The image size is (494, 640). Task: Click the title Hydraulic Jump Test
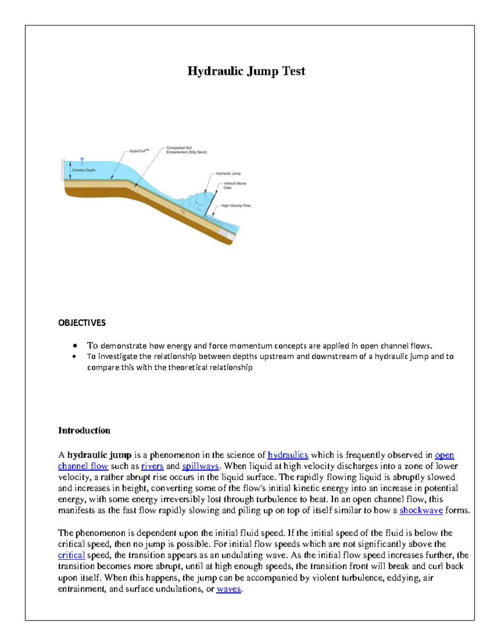tap(246, 71)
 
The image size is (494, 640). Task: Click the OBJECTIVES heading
tap(82, 323)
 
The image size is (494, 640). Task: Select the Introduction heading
tap(84, 430)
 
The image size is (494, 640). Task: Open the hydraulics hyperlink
tap(288, 455)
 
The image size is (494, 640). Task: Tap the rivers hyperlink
tap(152, 466)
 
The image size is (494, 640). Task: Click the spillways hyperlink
tap(200, 466)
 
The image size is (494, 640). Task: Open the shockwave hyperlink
tap(421, 510)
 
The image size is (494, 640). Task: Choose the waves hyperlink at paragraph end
tap(228, 589)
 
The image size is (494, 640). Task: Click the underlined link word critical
tap(71, 555)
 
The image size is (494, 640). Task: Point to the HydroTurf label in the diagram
tap(139, 151)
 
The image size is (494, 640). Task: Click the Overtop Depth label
tap(84, 170)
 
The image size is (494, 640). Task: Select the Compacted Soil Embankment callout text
tap(186, 150)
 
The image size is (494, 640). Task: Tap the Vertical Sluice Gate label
tap(235, 185)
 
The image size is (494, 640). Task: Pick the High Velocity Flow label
tap(236, 206)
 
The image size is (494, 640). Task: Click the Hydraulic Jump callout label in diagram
tap(228, 173)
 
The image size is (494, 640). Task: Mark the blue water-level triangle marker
tap(82, 159)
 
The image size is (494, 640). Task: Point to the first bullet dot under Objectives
tap(75, 346)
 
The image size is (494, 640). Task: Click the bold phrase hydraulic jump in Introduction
tap(99, 455)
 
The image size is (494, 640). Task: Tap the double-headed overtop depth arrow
tap(70, 170)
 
